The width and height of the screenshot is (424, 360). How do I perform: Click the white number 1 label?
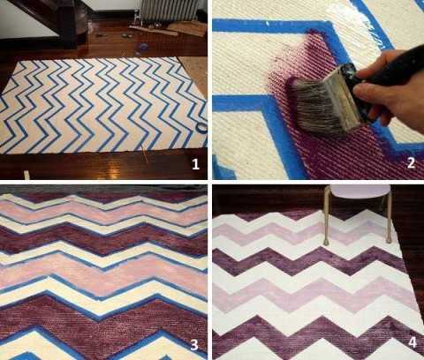(x=195, y=164)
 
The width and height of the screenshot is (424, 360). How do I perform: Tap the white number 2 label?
(x=411, y=163)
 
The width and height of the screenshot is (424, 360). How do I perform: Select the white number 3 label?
(x=193, y=345)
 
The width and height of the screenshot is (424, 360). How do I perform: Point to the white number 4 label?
(x=413, y=342)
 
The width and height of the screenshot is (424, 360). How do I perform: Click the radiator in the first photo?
(x=170, y=10)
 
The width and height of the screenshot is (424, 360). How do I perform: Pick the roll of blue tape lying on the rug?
(x=201, y=128)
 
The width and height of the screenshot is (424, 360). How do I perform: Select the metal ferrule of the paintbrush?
(x=347, y=97)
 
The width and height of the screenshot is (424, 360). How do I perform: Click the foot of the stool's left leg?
(x=326, y=242)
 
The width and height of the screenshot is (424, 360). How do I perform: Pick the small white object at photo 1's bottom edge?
(x=26, y=176)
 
